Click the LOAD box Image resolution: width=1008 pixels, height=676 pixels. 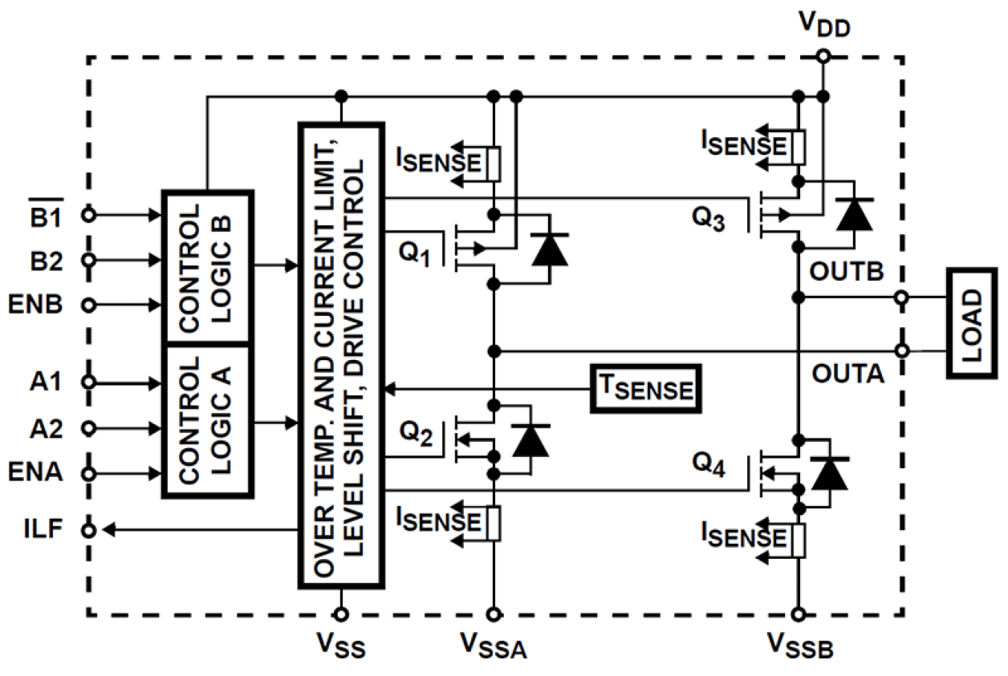[972, 322]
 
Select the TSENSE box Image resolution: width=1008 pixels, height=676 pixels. [645, 389]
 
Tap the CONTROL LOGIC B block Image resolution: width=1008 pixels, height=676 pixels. [208, 266]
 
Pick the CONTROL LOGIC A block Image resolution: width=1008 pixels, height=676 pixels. [208, 421]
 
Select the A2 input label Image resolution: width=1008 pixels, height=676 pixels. [49, 427]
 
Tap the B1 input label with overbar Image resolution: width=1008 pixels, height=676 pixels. [49, 215]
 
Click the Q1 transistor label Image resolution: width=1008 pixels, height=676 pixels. [415, 256]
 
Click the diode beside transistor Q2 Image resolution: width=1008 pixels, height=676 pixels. [530, 440]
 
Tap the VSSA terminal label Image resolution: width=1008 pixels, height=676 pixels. [491, 646]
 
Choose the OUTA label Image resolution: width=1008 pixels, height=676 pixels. [847, 374]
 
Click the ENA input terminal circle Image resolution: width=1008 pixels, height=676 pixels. [90, 473]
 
